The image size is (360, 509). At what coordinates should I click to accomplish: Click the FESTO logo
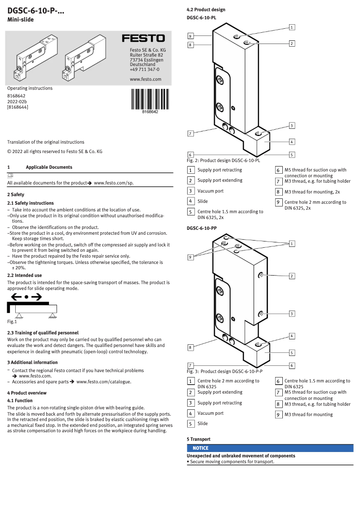tap(143, 39)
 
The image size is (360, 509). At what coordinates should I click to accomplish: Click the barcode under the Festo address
tap(150, 99)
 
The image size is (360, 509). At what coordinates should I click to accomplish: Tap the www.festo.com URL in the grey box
tap(145, 79)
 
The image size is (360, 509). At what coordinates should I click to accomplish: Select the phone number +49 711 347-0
tap(144, 70)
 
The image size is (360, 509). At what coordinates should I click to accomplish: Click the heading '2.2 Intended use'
tap(25, 275)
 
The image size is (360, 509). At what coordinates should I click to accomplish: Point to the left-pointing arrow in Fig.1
tap(17, 297)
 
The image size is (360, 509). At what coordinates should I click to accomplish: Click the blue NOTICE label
tap(200, 448)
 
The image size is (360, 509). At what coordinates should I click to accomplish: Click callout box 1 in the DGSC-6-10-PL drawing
tap(292, 27)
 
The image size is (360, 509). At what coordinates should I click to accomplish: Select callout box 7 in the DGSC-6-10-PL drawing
tap(190, 134)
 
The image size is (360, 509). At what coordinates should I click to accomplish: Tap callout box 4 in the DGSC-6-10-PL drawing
tap(292, 142)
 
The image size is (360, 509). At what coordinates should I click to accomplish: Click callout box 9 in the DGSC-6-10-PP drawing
tap(190, 257)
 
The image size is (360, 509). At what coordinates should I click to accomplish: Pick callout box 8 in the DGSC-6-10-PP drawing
tap(190, 347)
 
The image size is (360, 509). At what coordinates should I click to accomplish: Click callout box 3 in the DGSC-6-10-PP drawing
tap(292, 313)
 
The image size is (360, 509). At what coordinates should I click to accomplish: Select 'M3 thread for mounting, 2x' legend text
tap(312, 192)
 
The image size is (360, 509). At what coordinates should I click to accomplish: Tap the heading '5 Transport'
tap(198, 439)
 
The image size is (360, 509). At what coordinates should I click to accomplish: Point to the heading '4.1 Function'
tap(20, 400)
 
